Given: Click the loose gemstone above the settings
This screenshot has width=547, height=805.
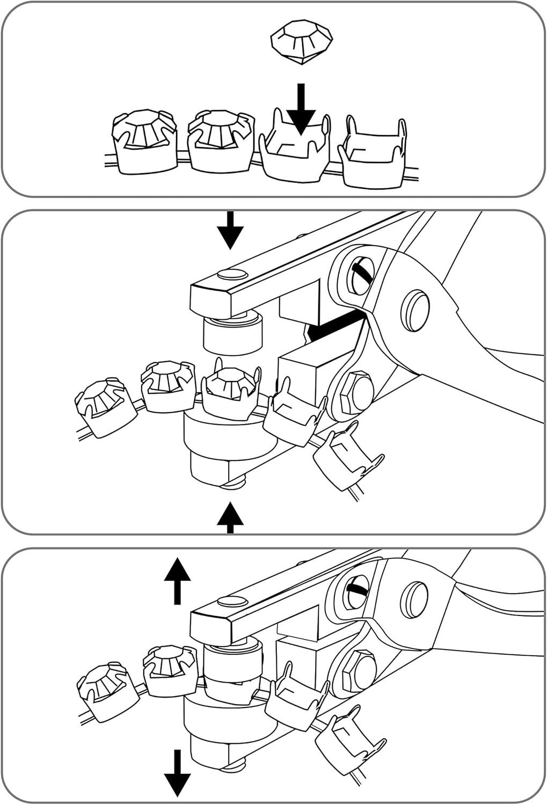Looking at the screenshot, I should pyautogui.click(x=301, y=41).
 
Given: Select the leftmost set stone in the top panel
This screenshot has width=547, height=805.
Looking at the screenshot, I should pyautogui.click(x=144, y=142).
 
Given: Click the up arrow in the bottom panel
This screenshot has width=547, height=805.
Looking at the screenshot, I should pyautogui.click(x=178, y=580).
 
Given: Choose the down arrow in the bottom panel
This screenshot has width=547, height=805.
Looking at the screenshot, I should pyautogui.click(x=178, y=773).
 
